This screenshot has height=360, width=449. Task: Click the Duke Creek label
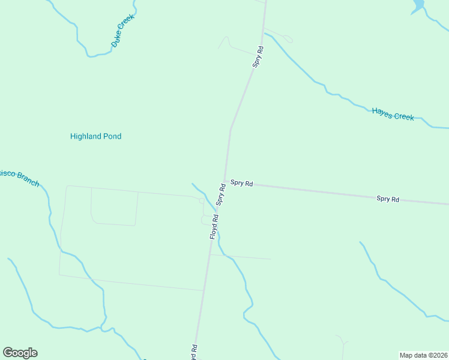pos(123,31)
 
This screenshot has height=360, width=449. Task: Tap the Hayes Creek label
pos(393,114)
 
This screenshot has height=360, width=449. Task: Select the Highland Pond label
pos(95,136)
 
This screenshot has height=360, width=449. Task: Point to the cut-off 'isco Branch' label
pos(19,177)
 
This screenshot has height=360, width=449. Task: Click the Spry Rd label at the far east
pos(388,199)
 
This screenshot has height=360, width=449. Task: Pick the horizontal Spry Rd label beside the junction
pos(241,183)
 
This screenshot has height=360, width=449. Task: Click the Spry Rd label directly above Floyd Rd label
pos(221,195)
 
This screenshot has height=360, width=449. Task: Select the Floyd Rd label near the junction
pos(214,227)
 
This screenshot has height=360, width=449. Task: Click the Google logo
pos(20,353)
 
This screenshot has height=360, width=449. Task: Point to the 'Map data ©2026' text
pos(423,355)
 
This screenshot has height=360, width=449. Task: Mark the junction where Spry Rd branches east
pos(226,181)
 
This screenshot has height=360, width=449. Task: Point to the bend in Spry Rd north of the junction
pos(231,128)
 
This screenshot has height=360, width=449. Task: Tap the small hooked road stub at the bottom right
pos(343,342)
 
